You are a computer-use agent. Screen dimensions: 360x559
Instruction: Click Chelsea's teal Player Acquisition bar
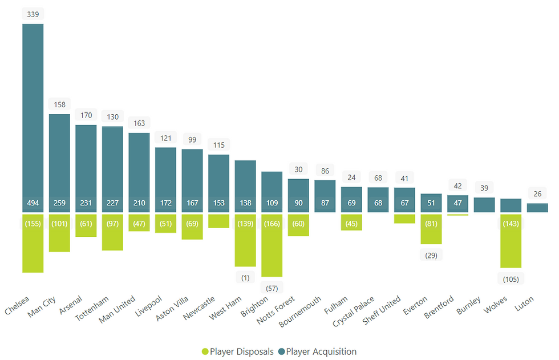tap(33, 114)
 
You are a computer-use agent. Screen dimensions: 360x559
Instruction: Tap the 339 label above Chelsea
tap(33, 14)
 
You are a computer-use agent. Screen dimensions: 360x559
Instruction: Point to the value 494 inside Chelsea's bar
tap(33, 203)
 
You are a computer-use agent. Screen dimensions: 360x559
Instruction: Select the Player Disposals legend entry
tap(237, 351)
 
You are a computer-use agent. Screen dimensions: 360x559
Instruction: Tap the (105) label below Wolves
tap(511, 278)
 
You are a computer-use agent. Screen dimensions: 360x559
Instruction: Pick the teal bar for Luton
tap(537, 208)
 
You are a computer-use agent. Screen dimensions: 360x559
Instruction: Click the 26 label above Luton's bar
tap(537, 194)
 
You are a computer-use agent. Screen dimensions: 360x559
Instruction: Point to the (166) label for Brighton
tap(272, 223)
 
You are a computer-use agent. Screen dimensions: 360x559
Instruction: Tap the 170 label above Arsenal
tap(86, 115)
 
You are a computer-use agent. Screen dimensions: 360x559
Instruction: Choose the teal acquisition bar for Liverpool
tap(165, 177)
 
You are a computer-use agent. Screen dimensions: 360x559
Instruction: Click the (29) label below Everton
tap(431, 255)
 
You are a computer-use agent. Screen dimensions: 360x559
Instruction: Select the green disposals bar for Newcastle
tap(218, 221)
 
